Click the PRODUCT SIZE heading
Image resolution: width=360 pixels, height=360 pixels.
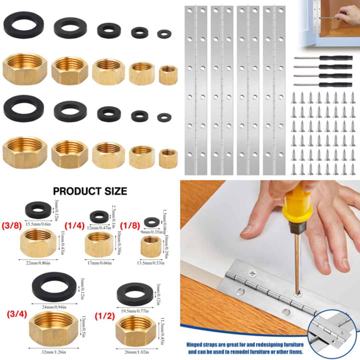pyautogui.click(x=90, y=191)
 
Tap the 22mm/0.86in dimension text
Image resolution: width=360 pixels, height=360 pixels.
pyautogui.click(x=38, y=263)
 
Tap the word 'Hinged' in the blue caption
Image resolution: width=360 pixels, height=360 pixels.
pyautogui.click(x=197, y=345)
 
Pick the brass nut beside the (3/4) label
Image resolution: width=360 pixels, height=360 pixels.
pyautogui.click(x=53, y=328)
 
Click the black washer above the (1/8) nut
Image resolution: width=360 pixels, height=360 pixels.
pyautogui.click(x=152, y=221)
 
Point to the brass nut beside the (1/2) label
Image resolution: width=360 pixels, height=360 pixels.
pyautogui.click(x=135, y=330)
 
